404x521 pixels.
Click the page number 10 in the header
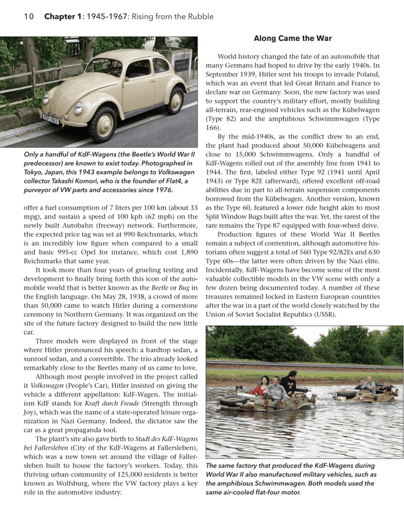tap(29, 16)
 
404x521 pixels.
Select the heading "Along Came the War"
tap(292, 39)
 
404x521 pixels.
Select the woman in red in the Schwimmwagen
tap(259, 387)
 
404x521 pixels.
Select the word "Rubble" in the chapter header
tap(199, 16)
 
